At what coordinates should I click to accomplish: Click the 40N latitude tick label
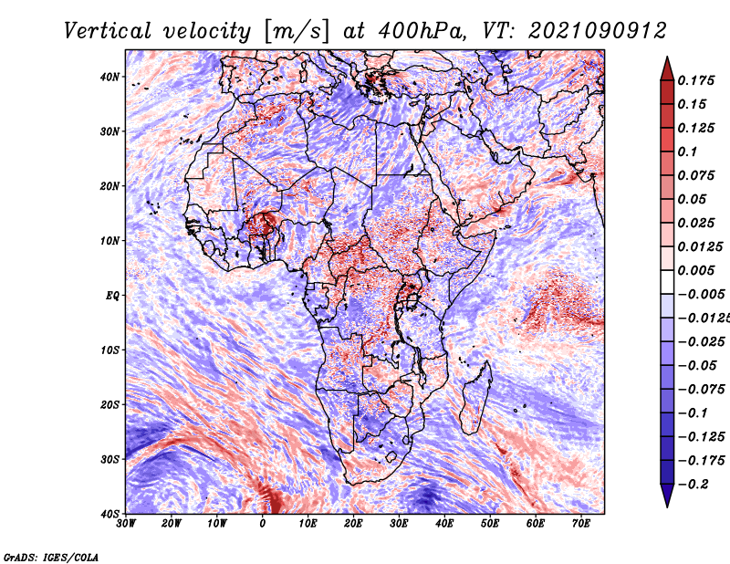[x=109, y=77]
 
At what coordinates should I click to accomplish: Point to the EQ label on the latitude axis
[x=112, y=296]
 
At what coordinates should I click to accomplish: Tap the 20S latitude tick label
[x=109, y=404]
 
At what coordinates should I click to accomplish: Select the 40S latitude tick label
[x=109, y=514]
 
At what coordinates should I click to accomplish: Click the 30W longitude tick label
[x=126, y=524]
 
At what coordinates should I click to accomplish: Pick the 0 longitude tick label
[x=263, y=524]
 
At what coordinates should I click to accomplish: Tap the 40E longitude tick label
[x=444, y=524]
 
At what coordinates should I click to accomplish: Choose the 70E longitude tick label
[x=581, y=524]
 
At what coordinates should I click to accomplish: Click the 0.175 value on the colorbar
[x=695, y=81]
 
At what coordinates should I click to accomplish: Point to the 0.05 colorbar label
[x=692, y=199]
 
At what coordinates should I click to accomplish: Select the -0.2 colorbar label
[x=693, y=485]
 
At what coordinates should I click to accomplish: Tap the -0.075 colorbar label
[x=701, y=390]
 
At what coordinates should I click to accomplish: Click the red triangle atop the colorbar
[x=667, y=69]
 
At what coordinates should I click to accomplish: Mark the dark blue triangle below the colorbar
[x=667, y=495]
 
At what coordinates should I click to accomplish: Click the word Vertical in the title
[x=108, y=31]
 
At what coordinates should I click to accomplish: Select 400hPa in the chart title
[x=422, y=31]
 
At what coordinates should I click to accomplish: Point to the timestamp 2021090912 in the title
[x=597, y=31]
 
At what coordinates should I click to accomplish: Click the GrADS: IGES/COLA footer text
[x=51, y=558]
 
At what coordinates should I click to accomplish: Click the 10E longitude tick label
[x=308, y=524]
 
